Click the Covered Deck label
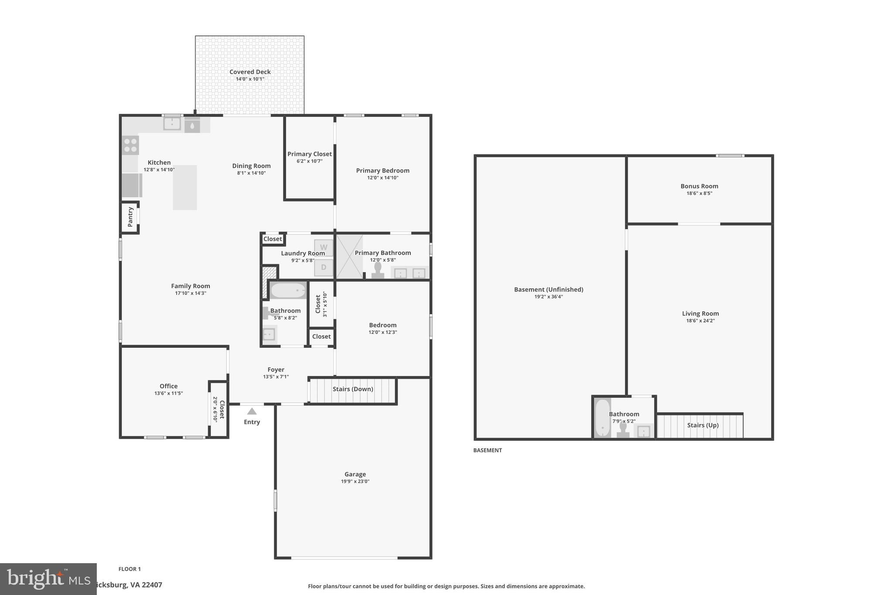coord(250,72)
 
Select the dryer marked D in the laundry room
coord(324,267)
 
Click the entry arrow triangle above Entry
coord(252,411)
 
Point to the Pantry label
coord(130,217)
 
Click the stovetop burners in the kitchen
coord(130,146)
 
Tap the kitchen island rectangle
coord(185,187)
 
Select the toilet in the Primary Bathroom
coord(378,270)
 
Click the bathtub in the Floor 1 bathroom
coord(288,290)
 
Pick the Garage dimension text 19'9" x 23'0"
coord(355,482)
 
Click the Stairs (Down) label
coord(353,389)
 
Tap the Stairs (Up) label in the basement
coord(702,425)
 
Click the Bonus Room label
coord(699,186)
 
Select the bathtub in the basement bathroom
coord(603,418)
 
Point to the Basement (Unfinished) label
coord(548,289)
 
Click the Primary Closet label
coord(309,154)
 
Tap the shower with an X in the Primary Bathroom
coord(349,257)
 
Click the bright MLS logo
coord(48,579)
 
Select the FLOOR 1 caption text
coord(130,569)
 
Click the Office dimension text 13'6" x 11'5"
coord(168,393)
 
